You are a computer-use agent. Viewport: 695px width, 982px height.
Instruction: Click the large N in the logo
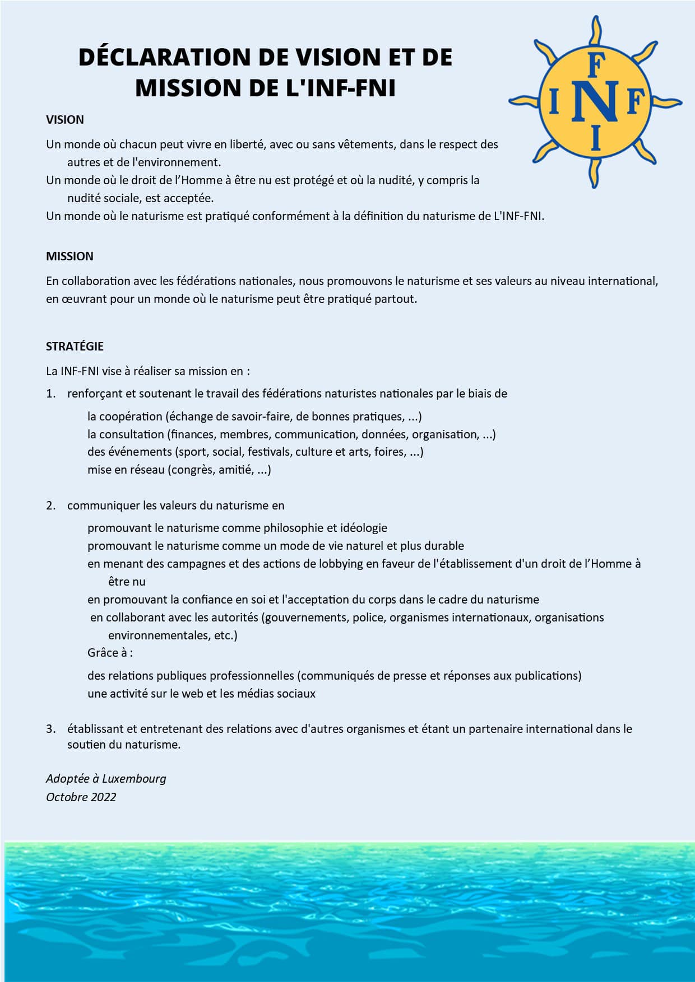click(x=595, y=101)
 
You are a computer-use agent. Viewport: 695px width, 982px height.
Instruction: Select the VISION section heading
click(x=65, y=120)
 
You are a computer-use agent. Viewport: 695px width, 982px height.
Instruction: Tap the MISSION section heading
click(x=69, y=256)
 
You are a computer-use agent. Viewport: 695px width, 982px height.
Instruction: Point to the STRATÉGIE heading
click(x=75, y=347)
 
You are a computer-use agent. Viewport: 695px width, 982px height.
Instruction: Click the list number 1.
click(x=51, y=394)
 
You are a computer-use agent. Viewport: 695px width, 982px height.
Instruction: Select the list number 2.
click(x=51, y=506)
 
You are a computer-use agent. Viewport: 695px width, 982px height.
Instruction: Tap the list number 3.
click(x=51, y=729)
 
